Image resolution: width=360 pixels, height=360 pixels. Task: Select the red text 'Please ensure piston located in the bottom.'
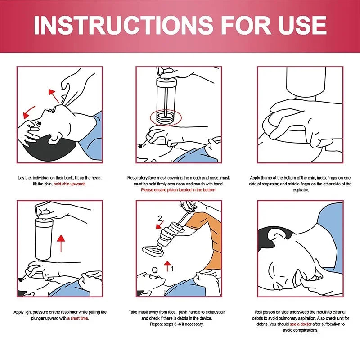(179, 190)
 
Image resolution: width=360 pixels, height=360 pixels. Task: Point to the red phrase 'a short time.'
(78, 318)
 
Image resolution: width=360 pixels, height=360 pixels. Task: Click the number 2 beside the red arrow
(159, 219)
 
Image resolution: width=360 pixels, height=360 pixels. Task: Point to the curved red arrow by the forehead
(30, 110)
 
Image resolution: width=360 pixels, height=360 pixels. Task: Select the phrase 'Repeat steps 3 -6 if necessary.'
(179, 324)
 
